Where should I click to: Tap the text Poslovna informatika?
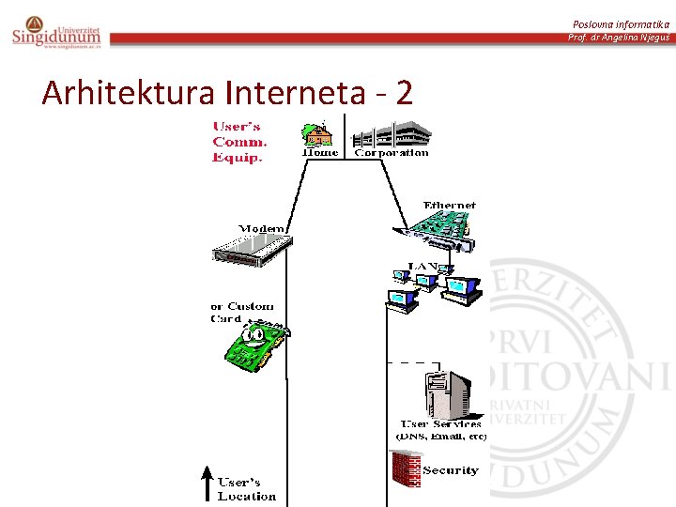coord(620,23)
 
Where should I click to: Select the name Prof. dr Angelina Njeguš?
coord(619,37)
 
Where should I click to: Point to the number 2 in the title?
coord(404,92)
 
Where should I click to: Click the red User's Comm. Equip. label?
coord(239,142)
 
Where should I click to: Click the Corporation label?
coord(391,153)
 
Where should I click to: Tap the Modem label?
coord(262,228)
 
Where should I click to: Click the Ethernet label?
coord(450,205)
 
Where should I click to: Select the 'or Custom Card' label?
coord(241,312)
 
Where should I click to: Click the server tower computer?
coord(449,393)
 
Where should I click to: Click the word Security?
coord(451,470)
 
